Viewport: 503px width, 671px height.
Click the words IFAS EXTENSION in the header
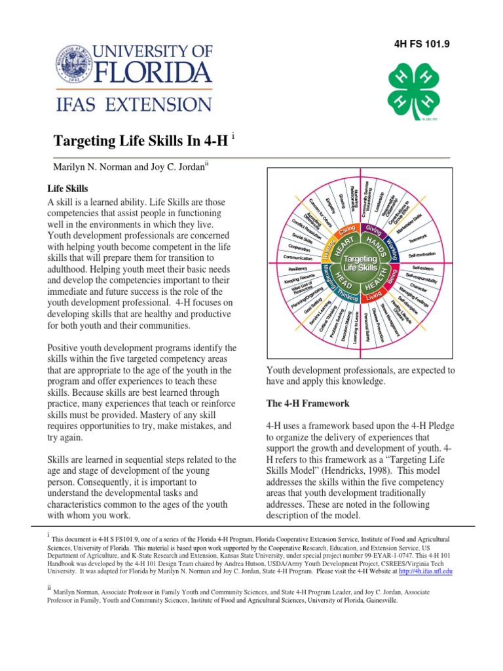133,104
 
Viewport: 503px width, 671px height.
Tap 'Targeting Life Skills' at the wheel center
360,264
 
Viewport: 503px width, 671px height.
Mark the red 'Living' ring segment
375,299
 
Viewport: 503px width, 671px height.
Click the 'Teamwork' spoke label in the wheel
417,237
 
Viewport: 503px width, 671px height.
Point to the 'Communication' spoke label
297,258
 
